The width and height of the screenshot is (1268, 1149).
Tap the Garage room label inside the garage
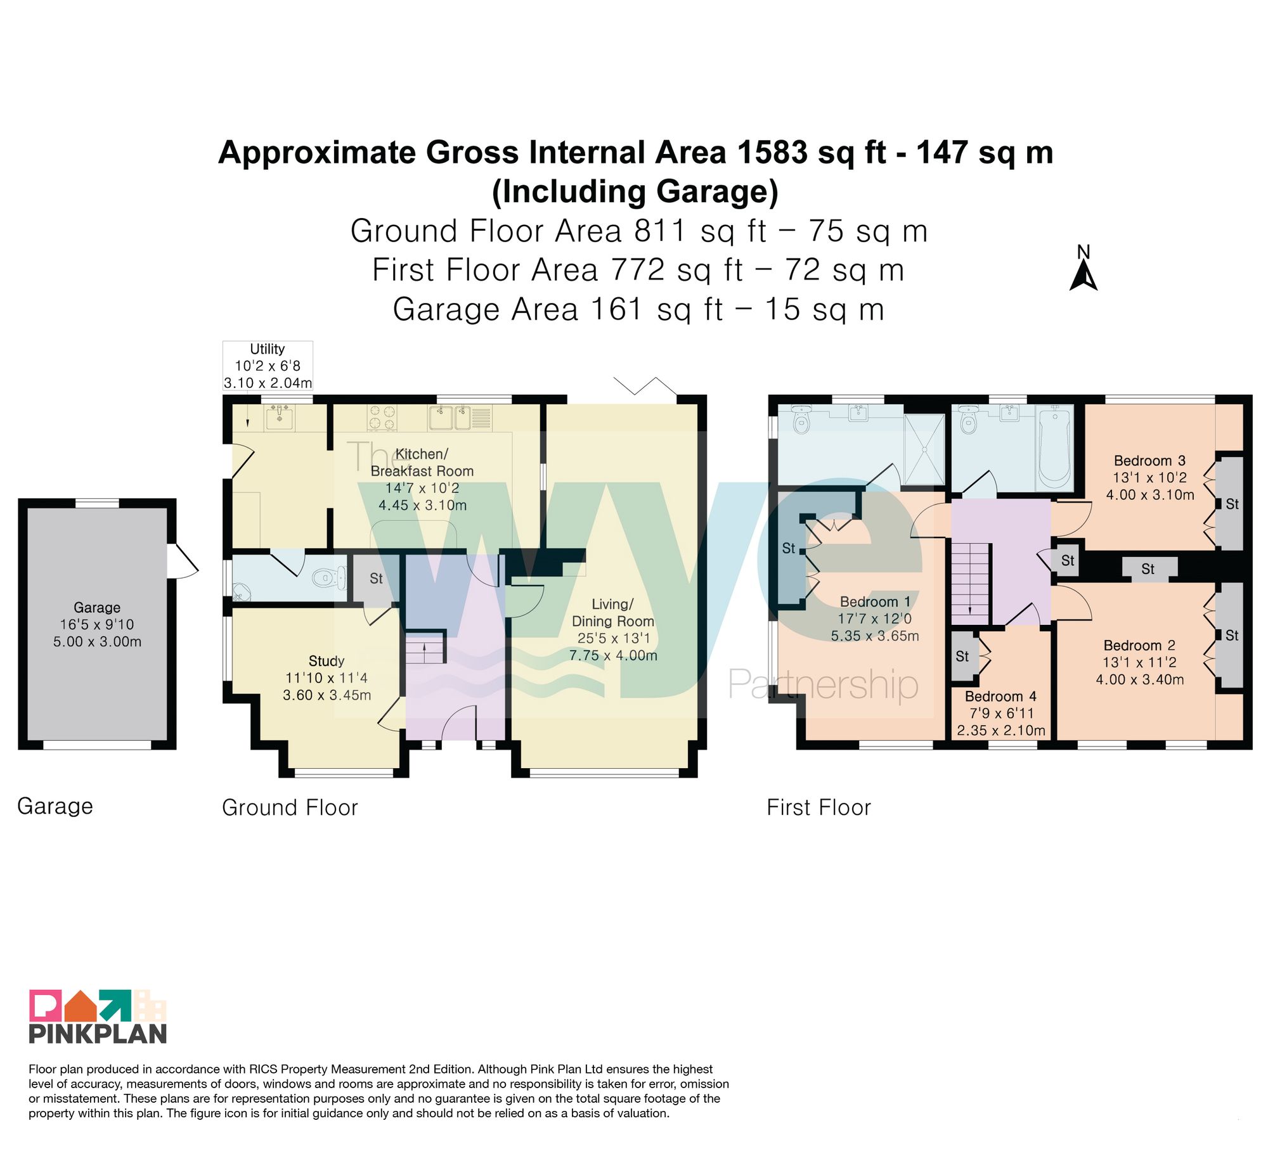click(x=97, y=607)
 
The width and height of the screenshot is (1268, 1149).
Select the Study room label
click(x=327, y=660)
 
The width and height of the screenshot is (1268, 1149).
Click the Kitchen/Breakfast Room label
click(x=422, y=463)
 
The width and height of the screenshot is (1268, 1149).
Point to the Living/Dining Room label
click(x=613, y=613)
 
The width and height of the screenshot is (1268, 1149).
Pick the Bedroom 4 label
click(x=1000, y=696)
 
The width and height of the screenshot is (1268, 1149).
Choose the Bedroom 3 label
click(x=1149, y=461)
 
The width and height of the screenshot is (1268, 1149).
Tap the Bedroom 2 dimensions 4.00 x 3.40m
click(x=1140, y=679)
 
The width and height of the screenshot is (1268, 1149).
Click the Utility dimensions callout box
click(x=268, y=366)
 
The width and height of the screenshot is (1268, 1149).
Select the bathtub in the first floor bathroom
click(x=1054, y=448)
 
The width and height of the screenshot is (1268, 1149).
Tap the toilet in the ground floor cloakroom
click(x=328, y=577)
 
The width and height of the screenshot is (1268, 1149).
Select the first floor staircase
click(x=969, y=584)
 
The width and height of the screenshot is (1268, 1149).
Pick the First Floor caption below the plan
click(x=818, y=807)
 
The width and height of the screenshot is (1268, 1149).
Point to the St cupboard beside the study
click(x=376, y=579)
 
